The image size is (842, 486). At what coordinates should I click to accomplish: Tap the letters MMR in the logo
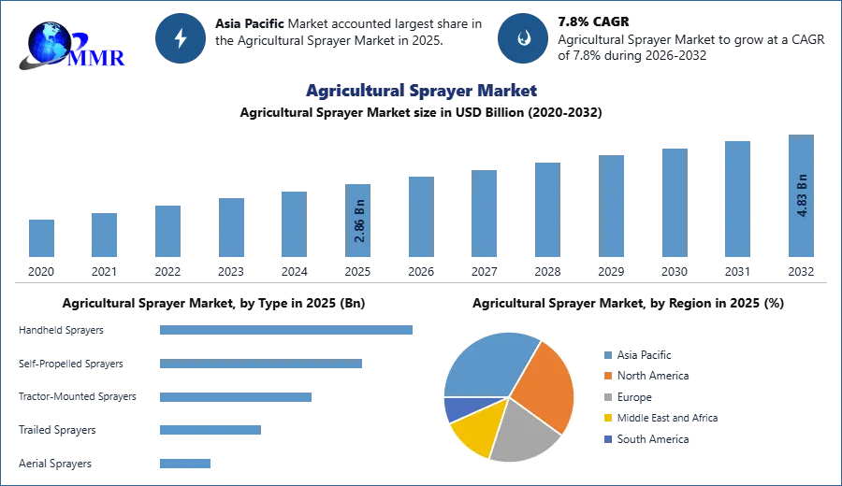(x=98, y=57)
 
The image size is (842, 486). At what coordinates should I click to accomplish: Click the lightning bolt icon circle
(x=181, y=38)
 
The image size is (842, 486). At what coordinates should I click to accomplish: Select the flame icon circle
(x=523, y=38)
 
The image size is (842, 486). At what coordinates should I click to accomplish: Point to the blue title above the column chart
(x=421, y=92)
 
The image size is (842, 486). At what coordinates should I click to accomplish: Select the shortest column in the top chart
(x=41, y=239)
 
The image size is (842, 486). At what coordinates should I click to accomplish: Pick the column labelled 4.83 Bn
(x=801, y=197)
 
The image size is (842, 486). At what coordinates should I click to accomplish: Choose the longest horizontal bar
(x=287, y=329)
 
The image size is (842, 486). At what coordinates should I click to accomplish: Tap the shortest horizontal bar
(x=187, y=463)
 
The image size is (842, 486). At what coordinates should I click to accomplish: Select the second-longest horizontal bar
(x=262, y=365)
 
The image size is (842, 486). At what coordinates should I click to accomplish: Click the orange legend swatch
(x=607, y=376)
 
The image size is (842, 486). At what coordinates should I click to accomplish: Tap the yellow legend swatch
(x=607, y=418)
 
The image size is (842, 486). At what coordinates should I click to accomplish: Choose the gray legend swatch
(x=607, y=397)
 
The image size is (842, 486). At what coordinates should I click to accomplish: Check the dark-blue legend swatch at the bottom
(x=607, y=439)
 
